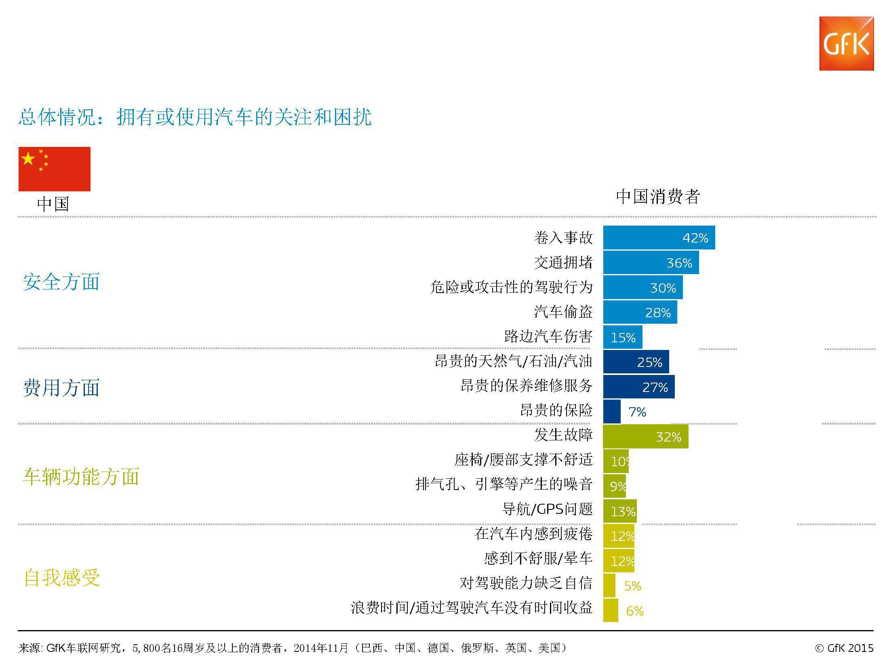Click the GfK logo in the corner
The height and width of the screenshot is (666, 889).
846,44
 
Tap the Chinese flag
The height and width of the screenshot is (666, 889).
55,169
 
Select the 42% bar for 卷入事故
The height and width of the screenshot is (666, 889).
659,238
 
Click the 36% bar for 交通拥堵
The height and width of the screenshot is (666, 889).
651,263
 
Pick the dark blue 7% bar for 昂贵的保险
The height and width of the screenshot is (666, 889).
612,412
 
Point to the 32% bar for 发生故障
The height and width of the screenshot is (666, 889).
645,437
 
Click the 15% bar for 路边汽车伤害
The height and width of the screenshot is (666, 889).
622,337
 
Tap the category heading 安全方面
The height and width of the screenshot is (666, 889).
61,282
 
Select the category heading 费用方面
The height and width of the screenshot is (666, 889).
61,388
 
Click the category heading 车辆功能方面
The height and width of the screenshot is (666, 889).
81,477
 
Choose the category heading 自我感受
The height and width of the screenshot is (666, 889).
62,578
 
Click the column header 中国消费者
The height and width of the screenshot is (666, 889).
658,197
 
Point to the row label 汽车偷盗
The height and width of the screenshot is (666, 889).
563,312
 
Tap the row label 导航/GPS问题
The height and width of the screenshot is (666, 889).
547,509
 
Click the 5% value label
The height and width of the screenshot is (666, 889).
632,586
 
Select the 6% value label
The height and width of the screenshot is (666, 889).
634,611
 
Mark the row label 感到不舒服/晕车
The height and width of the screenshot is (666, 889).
538,559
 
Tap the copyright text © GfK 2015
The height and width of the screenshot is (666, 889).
844,648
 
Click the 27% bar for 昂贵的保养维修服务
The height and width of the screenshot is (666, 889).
638,387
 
